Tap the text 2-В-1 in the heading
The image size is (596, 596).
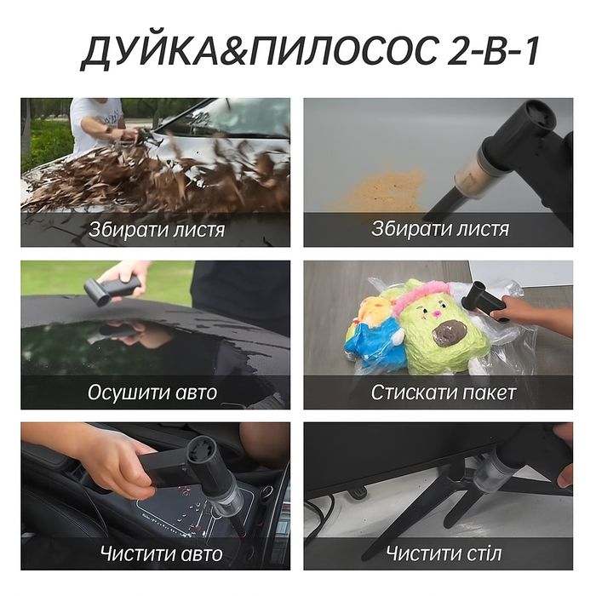click(493, 53)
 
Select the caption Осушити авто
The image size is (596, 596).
click(152, 393)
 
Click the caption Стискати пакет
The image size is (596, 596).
click(444, 393)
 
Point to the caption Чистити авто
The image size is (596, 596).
click(161, 554)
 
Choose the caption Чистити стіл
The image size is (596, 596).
click(444, 554)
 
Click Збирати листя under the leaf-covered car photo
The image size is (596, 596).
click(157, 230)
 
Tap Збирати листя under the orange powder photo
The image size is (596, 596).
click(440, 230)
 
